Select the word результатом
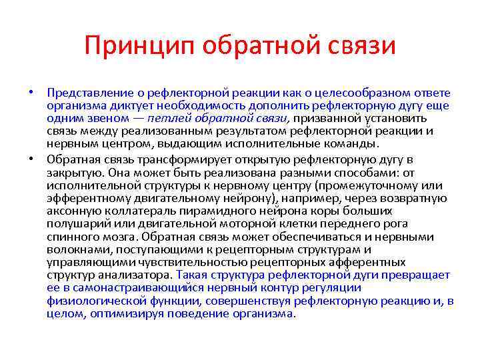(251, 131)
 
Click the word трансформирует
(161, 159)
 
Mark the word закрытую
(72, 172)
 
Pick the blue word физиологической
(91, 301)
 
